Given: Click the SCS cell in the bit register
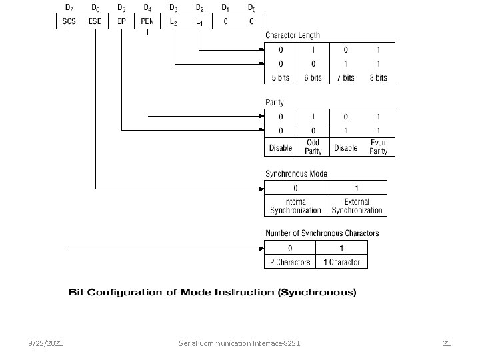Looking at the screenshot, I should tap(69, 22).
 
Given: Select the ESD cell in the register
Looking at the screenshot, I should tap(95, 22).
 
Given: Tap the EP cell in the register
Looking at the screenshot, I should tap(121, 22).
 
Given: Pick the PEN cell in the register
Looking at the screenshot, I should tap(147, 22).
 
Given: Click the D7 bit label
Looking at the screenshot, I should tap(69, 7).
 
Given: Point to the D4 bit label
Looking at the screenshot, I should tap(147, 7).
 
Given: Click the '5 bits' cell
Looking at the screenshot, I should tap(281, 77).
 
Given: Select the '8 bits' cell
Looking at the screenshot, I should tap(378, 77).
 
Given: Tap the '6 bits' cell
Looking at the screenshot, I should tap(313, 77).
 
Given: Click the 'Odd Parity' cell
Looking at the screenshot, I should tap(313, 147).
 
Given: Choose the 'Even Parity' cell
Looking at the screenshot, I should tap(378, 147).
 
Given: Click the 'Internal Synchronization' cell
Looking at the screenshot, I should tap(296, 205).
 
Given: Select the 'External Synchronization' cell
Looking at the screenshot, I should tap(357, 205).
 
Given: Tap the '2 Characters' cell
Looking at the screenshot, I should tap(290, 261).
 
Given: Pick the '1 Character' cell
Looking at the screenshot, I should tap(341, 261).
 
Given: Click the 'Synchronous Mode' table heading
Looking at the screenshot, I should tap(296, 174).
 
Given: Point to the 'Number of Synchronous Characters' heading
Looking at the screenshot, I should tap(322, 233).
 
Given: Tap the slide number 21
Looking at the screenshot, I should tap(447, 343).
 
